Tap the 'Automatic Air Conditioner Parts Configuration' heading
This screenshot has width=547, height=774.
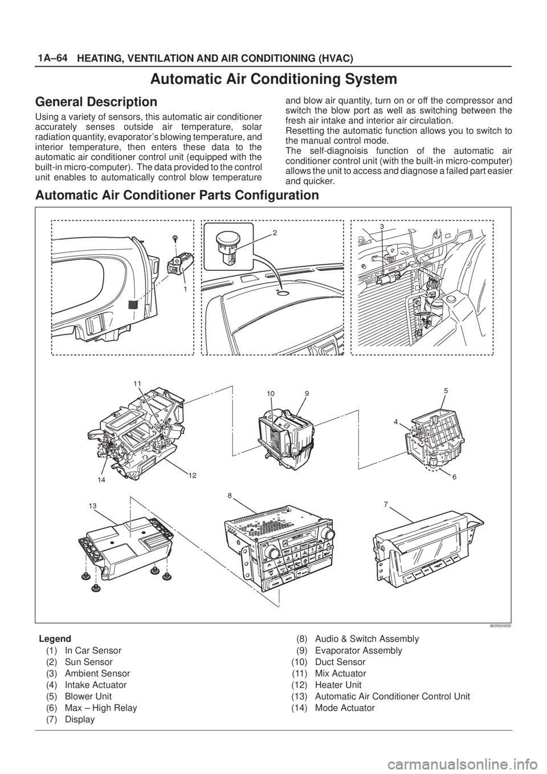(177, 195)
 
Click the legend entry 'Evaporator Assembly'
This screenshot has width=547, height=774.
(358, 650)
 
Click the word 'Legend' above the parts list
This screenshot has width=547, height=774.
(55, 638)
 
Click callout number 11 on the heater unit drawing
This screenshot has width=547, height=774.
(137, 384)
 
